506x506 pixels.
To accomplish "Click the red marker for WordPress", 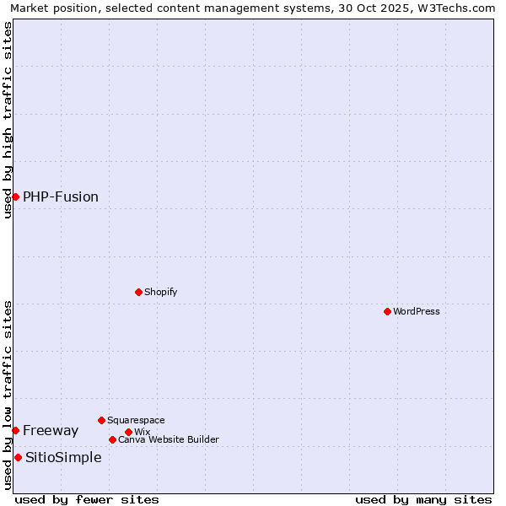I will [x=387, y=311].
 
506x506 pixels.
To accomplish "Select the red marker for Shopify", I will [x=138, y=292].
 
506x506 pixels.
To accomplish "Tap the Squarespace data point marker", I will [x=101, y=420].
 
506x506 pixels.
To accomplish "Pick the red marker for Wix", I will [x=128, y=432].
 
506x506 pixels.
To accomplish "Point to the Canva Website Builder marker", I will [x=112, y=439].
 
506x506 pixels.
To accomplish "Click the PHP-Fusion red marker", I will [x=15, y=196].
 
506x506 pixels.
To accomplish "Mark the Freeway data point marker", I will [x=15, y=430].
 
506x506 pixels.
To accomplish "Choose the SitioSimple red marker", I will [x=18, y=457].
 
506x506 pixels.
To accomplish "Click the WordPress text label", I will [x=417, y=311].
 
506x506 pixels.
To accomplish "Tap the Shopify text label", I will [x=161, y=292].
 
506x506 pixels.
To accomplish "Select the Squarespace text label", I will [x=136, y=420].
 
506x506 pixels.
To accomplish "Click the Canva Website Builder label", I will [x=169, y=439].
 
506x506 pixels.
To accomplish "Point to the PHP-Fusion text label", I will [x=61, y=196].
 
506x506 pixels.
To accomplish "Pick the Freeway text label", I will [x=51, y=430].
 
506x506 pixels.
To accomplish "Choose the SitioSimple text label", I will [x=63, y=457].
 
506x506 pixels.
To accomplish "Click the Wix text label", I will [x=142, y=432].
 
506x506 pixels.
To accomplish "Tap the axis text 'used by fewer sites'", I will [x=87, y=499].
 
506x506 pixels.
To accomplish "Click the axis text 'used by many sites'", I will [x=423, y=499].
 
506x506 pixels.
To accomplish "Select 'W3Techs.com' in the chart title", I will [x=460, y=8].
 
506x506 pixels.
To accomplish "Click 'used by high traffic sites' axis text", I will [x=8, y=120].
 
